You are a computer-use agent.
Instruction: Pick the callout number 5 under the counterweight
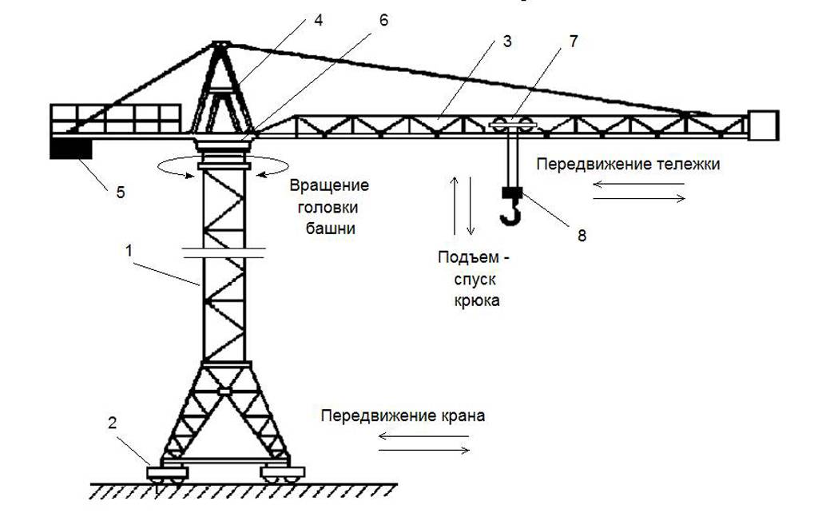coord(121,192)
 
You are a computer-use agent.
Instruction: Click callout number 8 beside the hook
coord(582,236)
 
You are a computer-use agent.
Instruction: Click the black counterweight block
coord(70,149)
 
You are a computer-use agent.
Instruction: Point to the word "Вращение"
coord(329,186)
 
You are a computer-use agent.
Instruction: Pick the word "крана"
coord(462,416)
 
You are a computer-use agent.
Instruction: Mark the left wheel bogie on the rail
coord(167,474)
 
